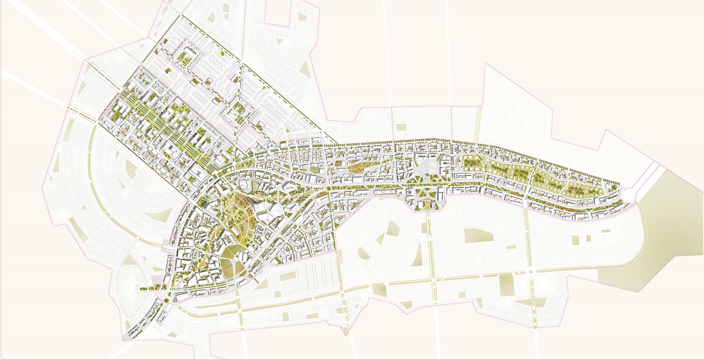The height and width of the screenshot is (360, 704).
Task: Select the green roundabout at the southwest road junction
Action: tap(165, 300)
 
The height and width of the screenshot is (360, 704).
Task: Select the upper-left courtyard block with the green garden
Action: tap(183, 56)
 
